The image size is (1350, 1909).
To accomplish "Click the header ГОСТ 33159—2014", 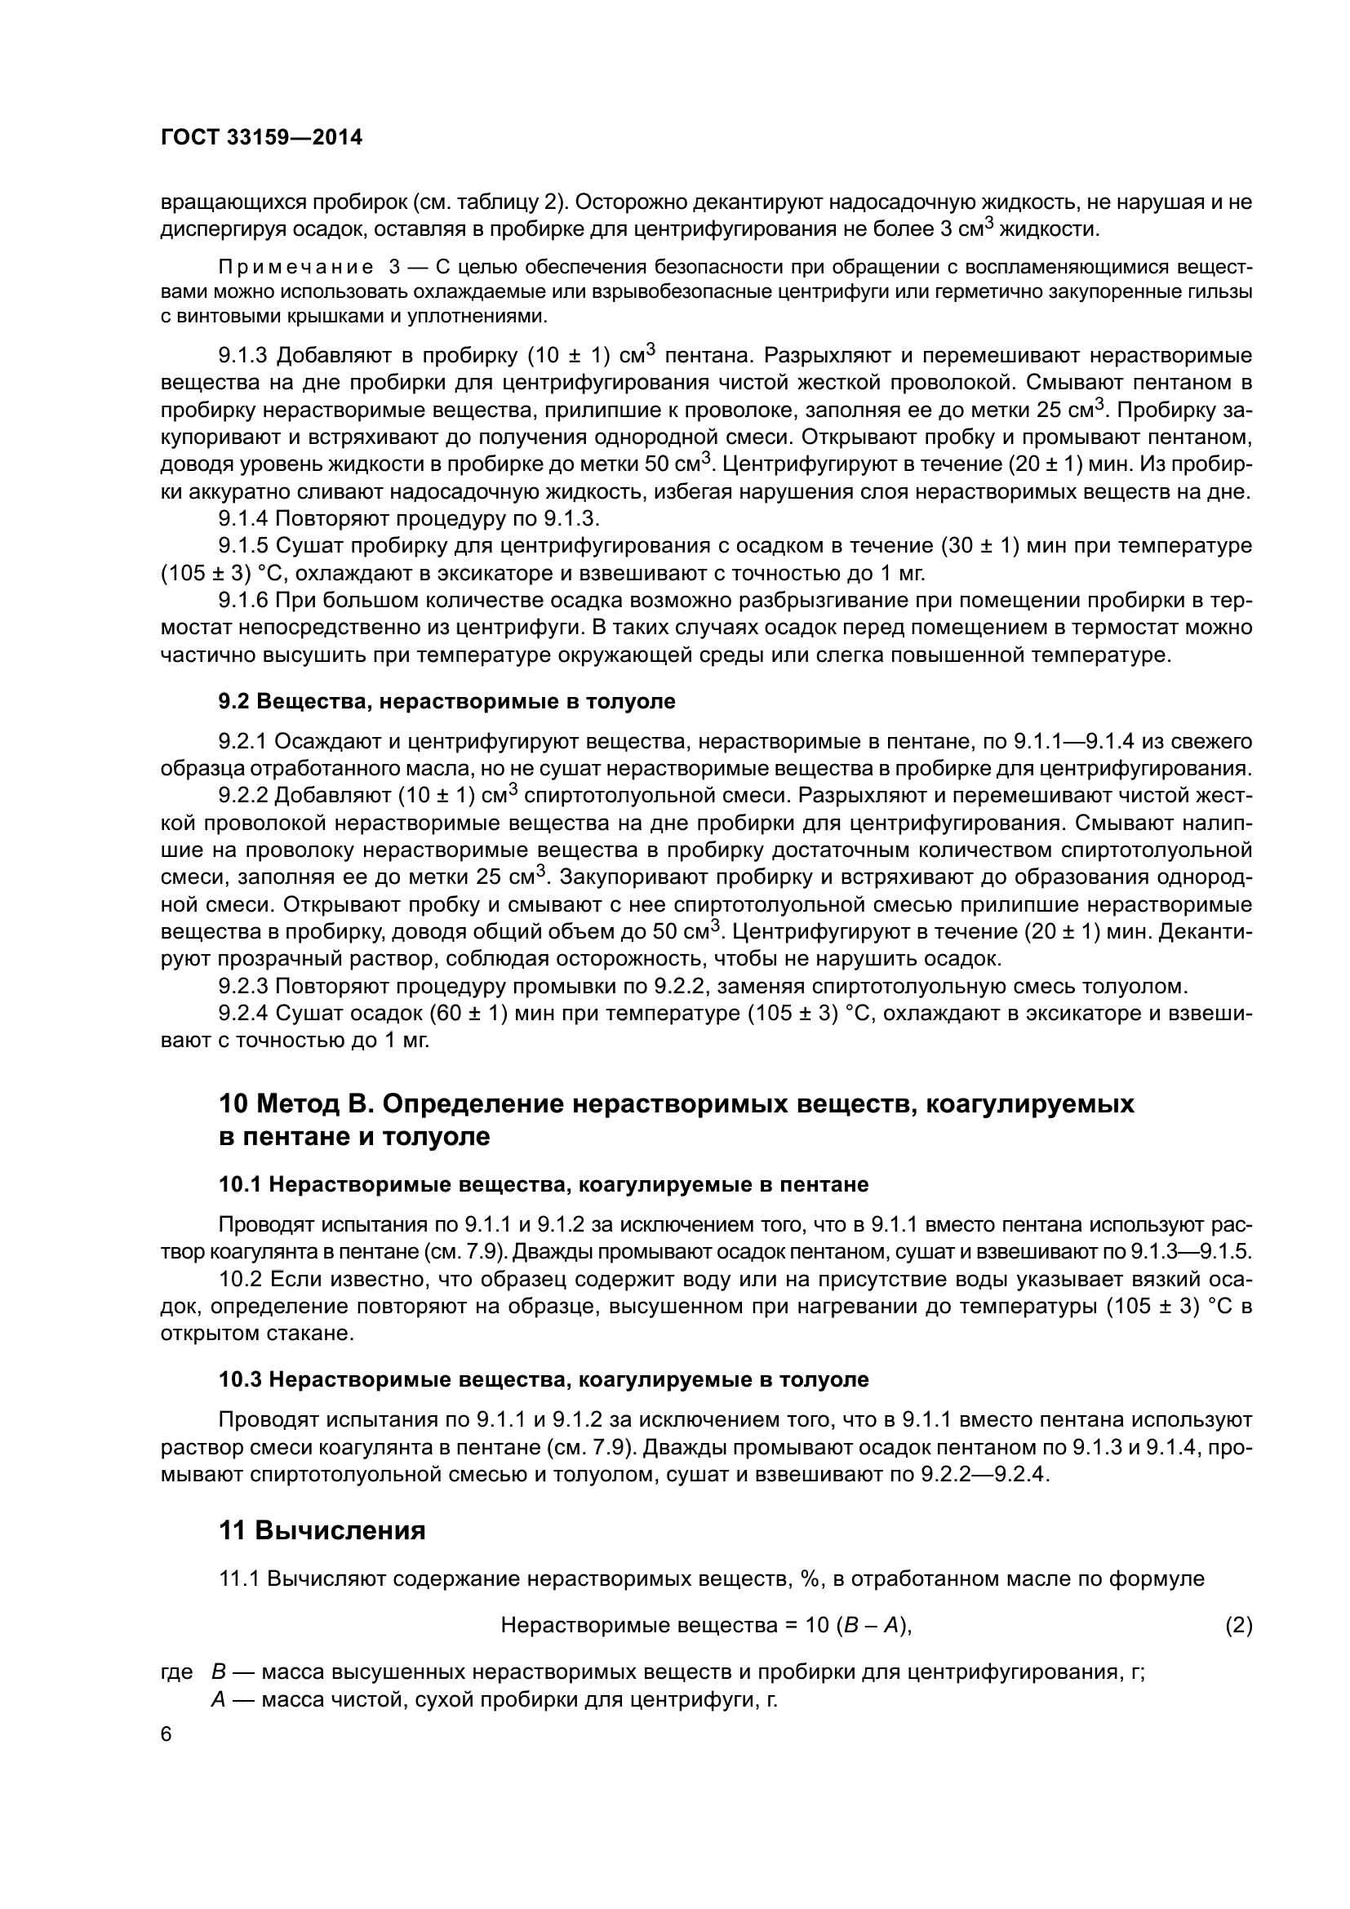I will click(261, 137).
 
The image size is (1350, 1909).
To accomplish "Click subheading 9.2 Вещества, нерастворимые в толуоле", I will click(446, 701).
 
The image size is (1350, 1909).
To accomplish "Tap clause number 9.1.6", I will click(243, 601).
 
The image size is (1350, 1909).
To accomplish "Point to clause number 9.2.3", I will click(243, 986).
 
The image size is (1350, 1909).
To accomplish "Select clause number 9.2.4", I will click(243, 1014).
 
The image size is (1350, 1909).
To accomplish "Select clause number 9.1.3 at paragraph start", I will click(243, 356).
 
